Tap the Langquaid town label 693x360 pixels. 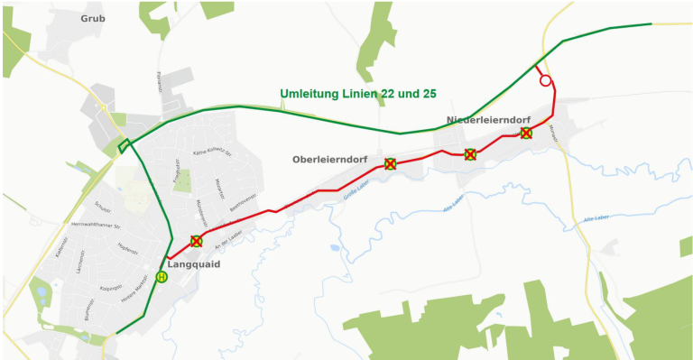[x=194, y=264]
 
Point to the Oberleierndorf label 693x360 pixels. [x=329, y=160]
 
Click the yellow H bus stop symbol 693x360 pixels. [x=162, y=277]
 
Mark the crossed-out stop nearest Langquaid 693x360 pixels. [x=197, y=242]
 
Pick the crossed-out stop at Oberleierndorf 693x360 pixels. [x=390, y=164]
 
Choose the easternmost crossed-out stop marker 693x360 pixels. [x=526, y=134]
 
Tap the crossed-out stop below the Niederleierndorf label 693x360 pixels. [x=470, y=154]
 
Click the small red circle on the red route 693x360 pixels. [x=545, y=81]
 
